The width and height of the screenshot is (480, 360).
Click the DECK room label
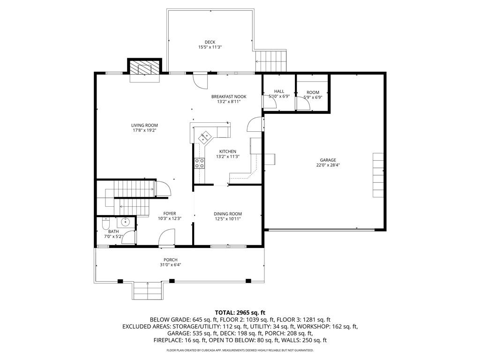(x=210, y=42)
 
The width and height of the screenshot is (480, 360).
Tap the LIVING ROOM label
(x=144, y=125)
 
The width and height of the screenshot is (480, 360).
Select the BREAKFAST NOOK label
(x=229, y=97)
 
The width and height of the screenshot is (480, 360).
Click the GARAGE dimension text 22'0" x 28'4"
(x=328, y=165)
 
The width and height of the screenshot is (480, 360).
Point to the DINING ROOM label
(x=228, y=214)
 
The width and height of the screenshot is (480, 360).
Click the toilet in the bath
(x=105, y=224)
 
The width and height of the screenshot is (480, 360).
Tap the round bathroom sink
(x=126, y=221)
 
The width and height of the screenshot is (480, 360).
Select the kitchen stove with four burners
(x=199, y=163)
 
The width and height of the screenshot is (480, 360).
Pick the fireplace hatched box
(x=144, y=67)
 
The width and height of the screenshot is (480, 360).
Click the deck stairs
(x=271, y=61)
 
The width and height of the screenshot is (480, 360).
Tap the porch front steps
(x=148, y=291)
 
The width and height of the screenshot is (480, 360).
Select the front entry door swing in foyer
(x=167, y=237)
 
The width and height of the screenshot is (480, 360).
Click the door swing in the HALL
(x=270, y=102)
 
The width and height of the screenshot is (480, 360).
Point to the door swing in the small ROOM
(x=303, y=104)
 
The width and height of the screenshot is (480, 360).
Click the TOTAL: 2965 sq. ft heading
(x=240, y=313)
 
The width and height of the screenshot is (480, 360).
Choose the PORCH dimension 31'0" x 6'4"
(x=171, y=265)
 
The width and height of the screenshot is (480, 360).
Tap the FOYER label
(x=170, y=214)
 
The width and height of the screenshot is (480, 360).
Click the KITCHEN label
(x=228, y=151)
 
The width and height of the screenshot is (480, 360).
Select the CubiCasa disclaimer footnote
(x=240, y=350)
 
